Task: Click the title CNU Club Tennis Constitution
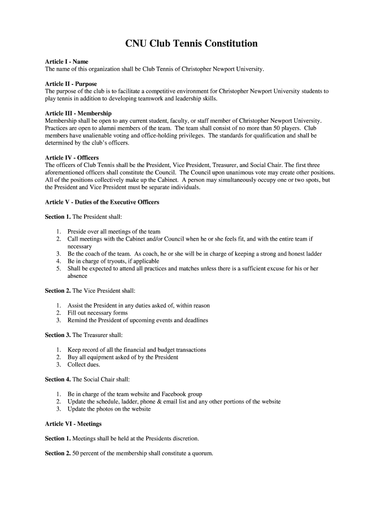191,44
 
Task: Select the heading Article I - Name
67,62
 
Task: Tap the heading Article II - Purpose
71,84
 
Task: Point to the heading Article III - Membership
78,113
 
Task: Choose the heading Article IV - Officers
72,158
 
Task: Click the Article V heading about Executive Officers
102,202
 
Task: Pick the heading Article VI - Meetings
73,424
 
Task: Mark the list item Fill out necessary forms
97,313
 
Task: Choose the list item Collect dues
84,365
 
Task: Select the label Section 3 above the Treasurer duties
58,335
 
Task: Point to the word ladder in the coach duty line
313,254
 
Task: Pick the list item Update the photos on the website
109,409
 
